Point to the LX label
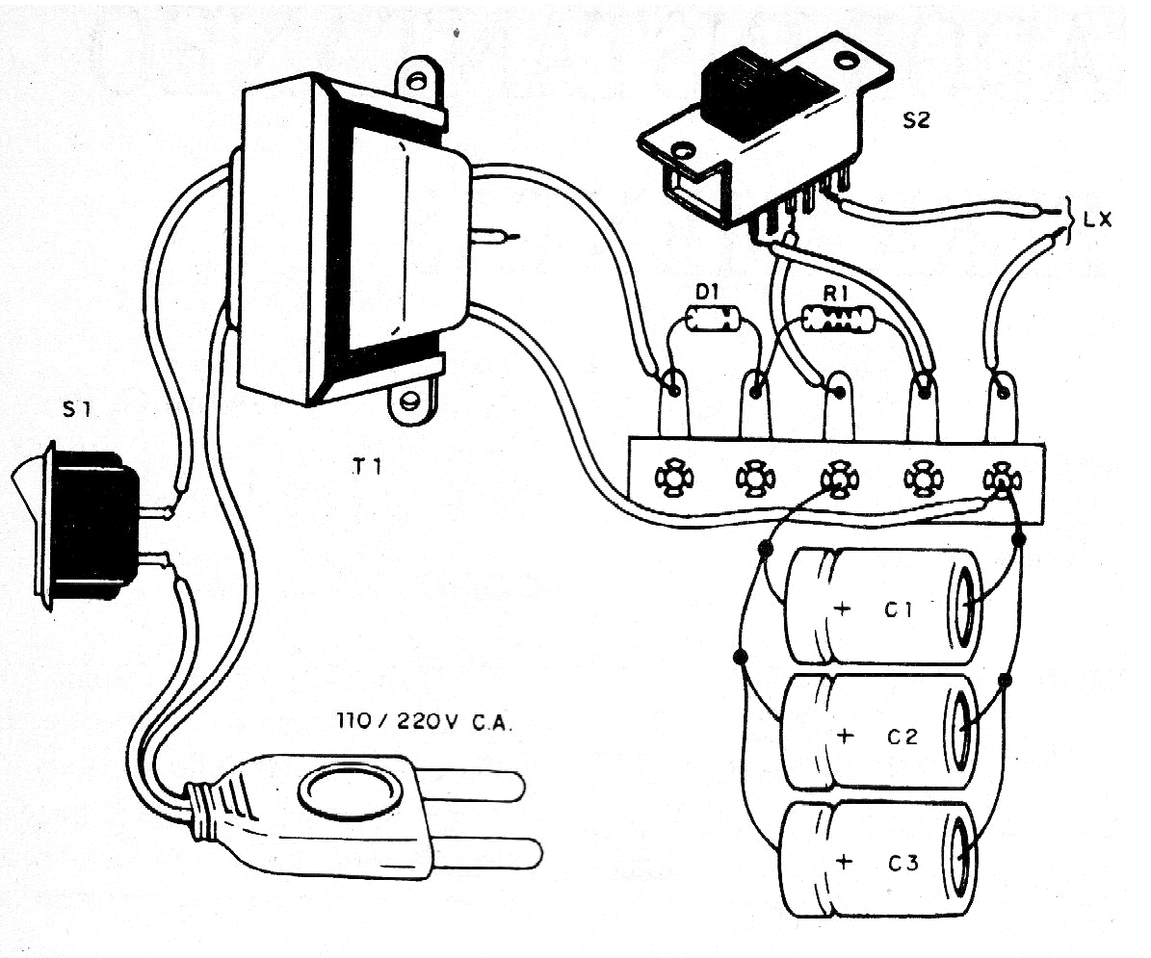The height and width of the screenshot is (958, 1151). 1096,220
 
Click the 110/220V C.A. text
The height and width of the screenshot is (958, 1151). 425,720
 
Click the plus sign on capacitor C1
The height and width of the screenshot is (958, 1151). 845,608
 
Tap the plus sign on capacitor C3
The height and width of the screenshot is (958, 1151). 845,862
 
